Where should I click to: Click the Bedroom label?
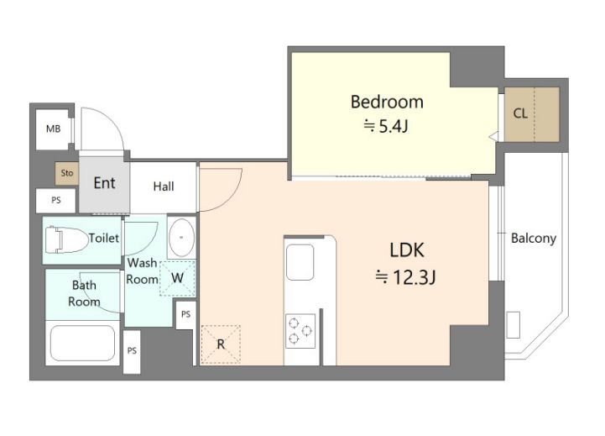(387, 102)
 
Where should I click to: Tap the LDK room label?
(407, 250)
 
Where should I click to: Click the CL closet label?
(520, 113)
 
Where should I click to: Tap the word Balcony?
(533, 239)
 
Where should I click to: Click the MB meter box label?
(53, 129)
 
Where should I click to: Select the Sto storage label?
(67, 173)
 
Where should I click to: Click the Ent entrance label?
(104, 183)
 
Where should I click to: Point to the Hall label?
(164, 186)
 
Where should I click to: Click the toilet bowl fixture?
(66, 239)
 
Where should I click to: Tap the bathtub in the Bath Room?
(82, 343)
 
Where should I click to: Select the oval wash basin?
(181, 238)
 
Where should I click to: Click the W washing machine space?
(178, 278)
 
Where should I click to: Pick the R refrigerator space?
(221, 344)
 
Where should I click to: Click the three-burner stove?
(300, 331)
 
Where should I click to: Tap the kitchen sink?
(300, 262)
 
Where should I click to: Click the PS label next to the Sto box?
(56, 200)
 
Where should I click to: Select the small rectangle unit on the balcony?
(514, 325)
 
